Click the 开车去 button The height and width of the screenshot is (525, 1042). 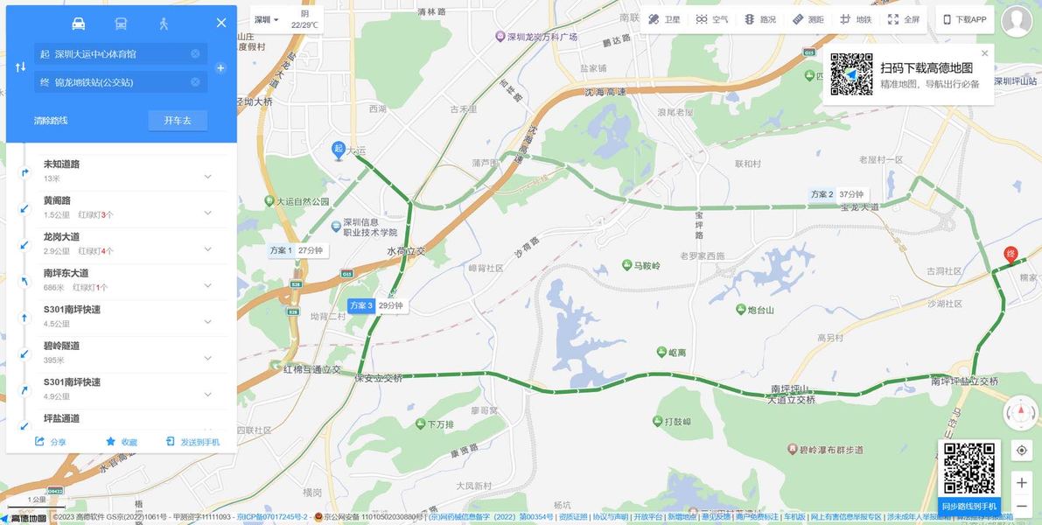coord(178,120)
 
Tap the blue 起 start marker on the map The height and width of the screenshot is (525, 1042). coord(339,150)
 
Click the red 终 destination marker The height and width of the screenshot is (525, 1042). coord(1011,255)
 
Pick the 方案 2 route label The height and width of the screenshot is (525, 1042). coord(822,194)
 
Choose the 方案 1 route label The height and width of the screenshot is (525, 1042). coord(281,250)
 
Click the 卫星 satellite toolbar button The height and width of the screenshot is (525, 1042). coord(664,19)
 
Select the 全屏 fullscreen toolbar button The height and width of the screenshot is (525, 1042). coord(904,19)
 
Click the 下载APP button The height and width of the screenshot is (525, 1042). coord(964,19)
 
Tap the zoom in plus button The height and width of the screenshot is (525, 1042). coord(1021,482)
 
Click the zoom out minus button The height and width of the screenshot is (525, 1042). coord(1021,506)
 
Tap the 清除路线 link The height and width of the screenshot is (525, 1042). coord(51,120)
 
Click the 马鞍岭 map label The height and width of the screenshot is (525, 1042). coord(647,265)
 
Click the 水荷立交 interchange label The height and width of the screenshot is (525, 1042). coord(406,251)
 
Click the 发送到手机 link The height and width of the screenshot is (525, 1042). coord(193,442)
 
